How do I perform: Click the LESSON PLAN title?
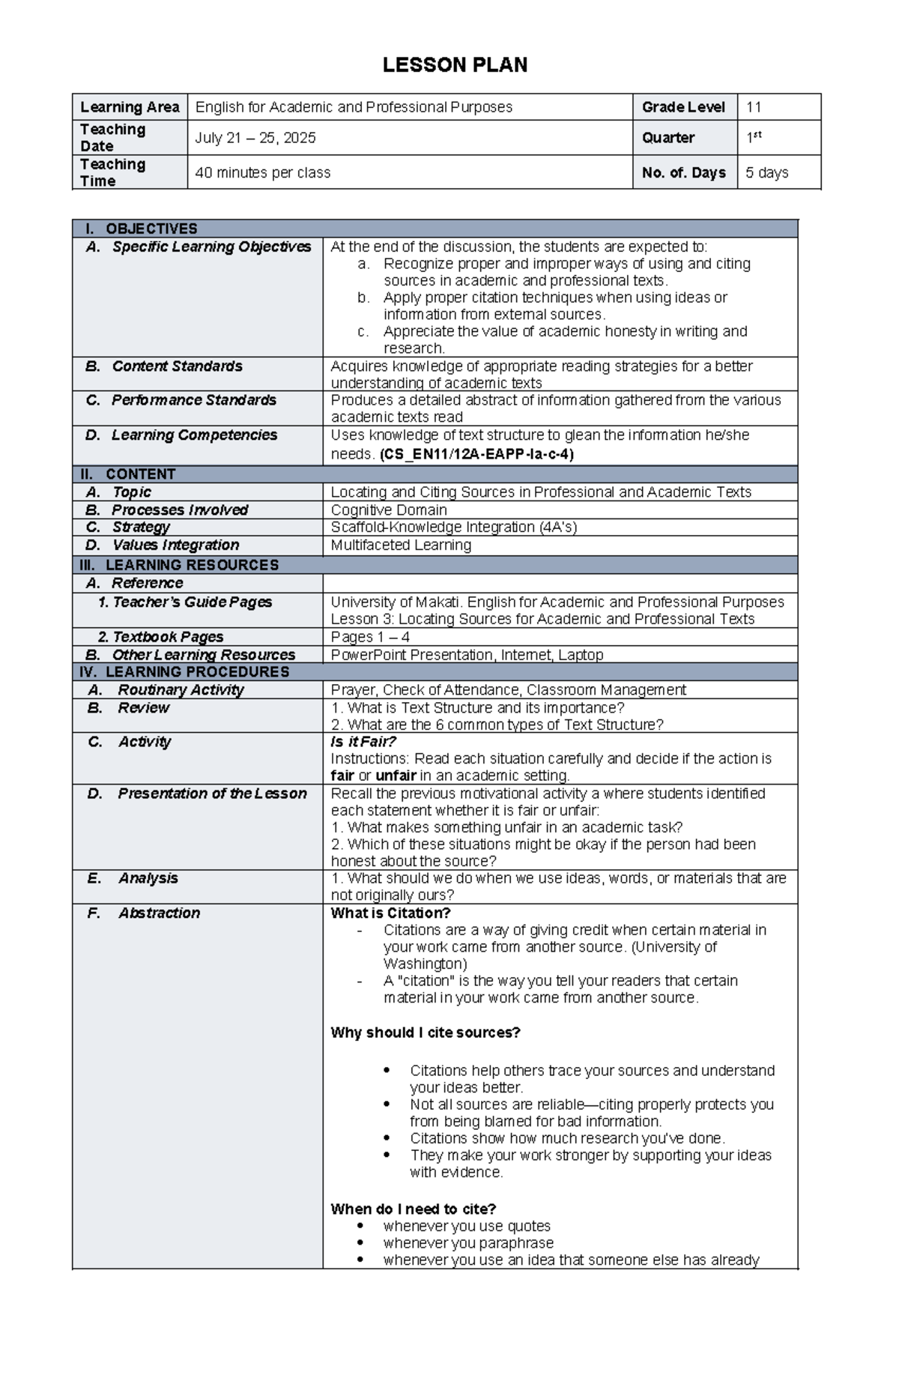(455, 65)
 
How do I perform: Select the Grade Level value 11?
(754, 107)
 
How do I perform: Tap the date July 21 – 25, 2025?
(255, 138)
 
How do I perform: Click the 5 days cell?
(767, 172)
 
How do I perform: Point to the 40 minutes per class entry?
(263, 172)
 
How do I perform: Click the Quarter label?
(668, 138)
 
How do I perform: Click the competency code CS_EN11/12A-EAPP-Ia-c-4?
(477, 454)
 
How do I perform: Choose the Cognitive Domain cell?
(389, 510)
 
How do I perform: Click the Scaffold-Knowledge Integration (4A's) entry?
(454, 528)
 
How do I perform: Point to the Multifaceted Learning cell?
(401, 546)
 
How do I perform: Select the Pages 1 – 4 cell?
(370, 637)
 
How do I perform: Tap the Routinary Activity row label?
(181, 690)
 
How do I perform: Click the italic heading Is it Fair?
(363, 742)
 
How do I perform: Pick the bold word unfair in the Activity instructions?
(396, 776)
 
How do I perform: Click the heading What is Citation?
(390, 913)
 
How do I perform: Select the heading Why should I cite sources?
(426, 1033)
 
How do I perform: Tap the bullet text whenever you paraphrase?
(468, 1243)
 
